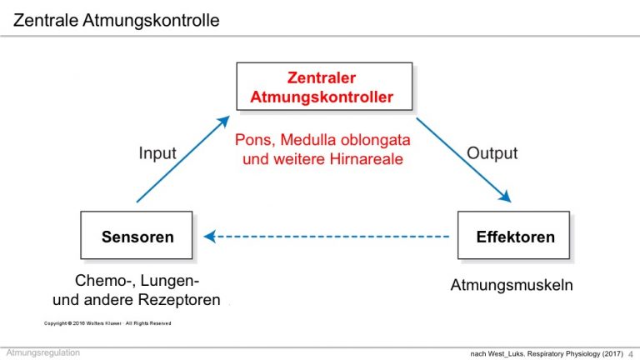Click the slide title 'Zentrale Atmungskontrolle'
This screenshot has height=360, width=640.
point(117,20)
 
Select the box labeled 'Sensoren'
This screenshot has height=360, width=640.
point(137,235)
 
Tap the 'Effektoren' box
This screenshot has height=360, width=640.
point(513,235)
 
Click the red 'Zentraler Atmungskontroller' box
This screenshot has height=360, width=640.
point(324,87)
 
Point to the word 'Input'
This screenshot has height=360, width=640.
point(157,153)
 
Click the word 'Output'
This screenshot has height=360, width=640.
point(492,153)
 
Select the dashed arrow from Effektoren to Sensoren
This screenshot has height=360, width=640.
point(327,237)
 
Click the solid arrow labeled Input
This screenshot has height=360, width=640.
point(183,159)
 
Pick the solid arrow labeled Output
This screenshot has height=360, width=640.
point(463,160)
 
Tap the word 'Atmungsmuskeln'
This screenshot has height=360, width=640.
point(512,285)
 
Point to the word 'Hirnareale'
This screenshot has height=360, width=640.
point(366,159)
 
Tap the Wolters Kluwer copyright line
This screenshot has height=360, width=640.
point(107,323)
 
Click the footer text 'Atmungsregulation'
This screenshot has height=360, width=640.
point(43,352)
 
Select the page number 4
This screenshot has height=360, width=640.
point(631,354)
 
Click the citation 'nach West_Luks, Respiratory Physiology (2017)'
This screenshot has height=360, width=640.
point(547,353)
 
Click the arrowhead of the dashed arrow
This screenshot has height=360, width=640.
point(209,237)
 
